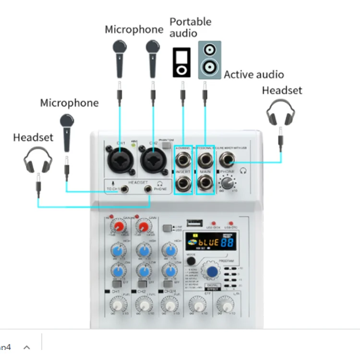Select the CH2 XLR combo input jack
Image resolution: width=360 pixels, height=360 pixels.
click(153, 160)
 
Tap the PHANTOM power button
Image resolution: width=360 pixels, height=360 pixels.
click(167, 144)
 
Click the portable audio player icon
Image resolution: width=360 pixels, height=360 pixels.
click(181, 62)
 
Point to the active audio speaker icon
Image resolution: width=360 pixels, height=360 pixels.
click(210, 60)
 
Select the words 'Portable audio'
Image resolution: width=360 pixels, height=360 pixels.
click(190, 27)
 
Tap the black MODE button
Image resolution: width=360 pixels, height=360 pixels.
click(192, 261)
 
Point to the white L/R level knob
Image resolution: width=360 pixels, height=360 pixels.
click(223, 304)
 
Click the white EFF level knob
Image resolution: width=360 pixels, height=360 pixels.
click(195, 304)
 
